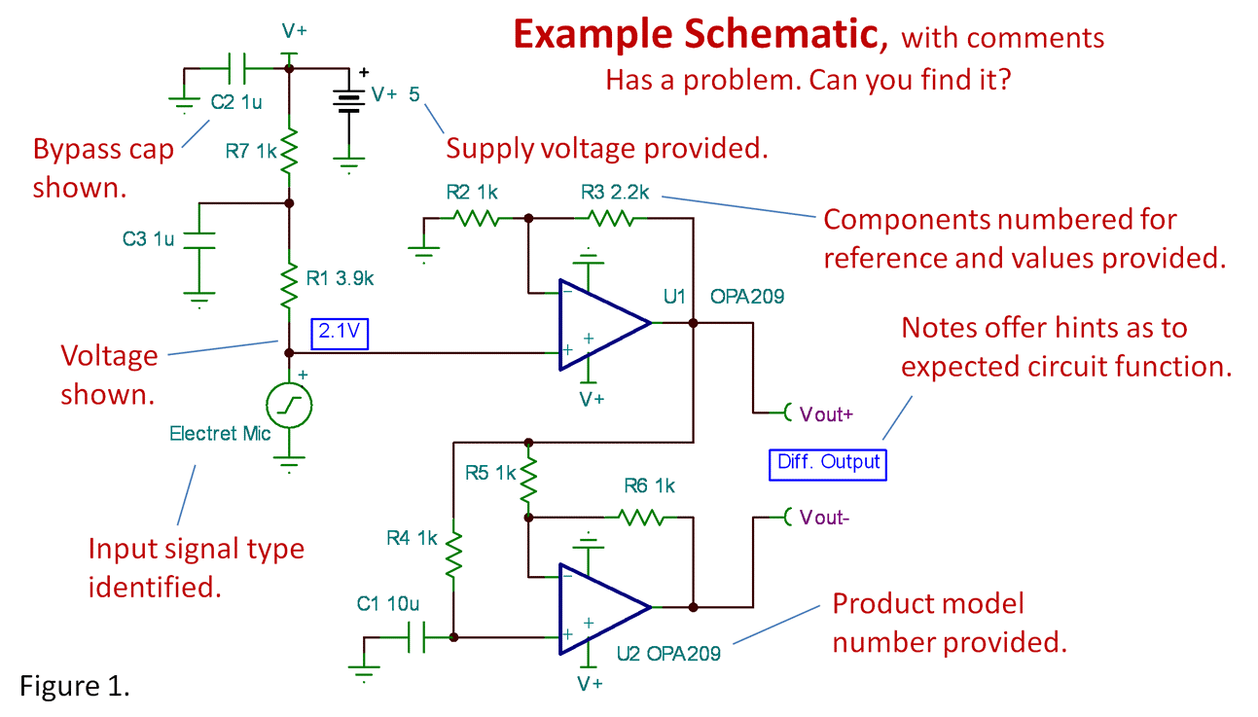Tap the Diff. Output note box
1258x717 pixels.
click(828, 462)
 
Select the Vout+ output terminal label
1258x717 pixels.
click(825, 413)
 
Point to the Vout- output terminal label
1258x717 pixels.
click(824, 518)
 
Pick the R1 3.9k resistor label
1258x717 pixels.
click(340, 278)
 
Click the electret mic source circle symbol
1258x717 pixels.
click(289, 407)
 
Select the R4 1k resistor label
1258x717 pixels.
click(412, 536)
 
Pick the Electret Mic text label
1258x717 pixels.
click(220, 433)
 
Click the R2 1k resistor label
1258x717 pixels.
click(472, 192)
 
